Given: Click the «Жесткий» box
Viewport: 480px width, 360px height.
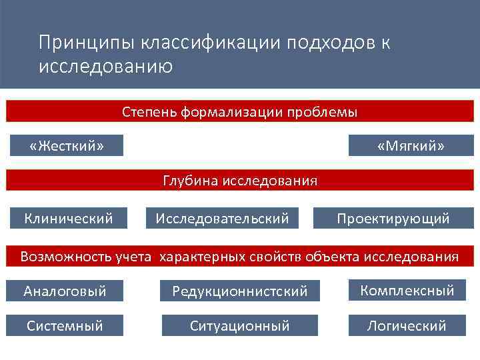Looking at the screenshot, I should tap(67, 145).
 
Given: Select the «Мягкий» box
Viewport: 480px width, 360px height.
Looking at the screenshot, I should tap(411, 145).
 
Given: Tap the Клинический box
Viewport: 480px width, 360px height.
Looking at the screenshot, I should tap(68, 218).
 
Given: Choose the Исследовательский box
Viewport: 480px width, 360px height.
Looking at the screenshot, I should tap(222, 218).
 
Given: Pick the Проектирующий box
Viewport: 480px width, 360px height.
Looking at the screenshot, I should tap(393, 218).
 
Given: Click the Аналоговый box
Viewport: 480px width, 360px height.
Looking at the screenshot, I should tap(65, 291).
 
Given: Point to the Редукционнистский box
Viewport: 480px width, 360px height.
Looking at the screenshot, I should tap(239, 291).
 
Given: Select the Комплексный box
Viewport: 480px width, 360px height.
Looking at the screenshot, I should tap(407, 290).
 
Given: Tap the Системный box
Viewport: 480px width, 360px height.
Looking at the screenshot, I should tap(65, 325).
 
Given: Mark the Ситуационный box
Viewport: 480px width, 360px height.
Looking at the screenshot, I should tap(239, 325).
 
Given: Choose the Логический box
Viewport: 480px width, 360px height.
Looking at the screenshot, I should tap(407, 325).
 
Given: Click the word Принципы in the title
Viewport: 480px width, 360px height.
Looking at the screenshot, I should tap(87, 43).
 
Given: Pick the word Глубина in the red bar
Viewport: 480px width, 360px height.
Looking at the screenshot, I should tap(189, 181).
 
